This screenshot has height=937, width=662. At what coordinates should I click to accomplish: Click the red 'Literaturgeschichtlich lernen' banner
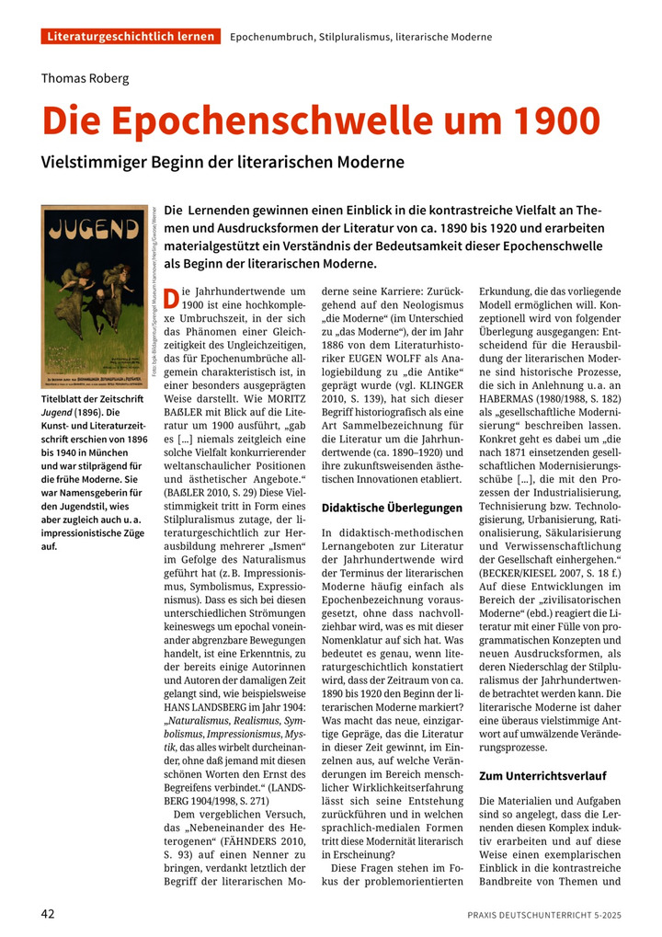click(x=131, y=37)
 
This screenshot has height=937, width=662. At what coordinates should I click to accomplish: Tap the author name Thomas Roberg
click(x=86, y=78)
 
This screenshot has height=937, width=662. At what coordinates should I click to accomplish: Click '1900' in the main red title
click(x=544, y=120)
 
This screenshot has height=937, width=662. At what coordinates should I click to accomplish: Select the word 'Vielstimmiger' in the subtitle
click(x=98, y=162)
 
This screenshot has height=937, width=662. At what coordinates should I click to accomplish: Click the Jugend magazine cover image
click(x=95, y=296)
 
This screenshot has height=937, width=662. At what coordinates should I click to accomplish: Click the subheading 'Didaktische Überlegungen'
click(x=392, y=507)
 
